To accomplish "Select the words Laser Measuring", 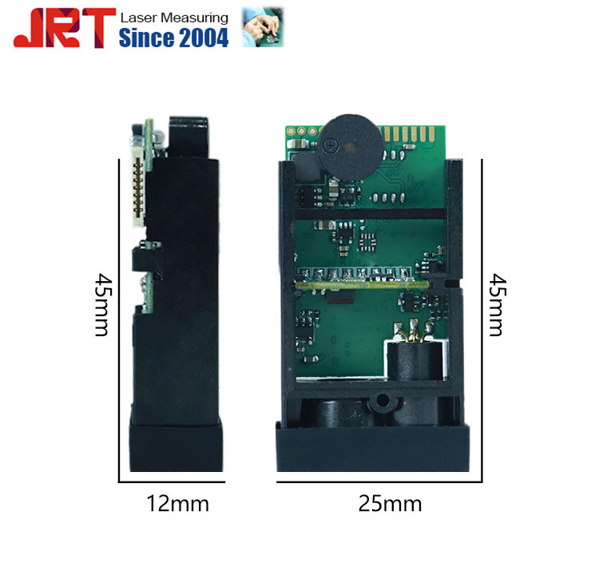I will coord(173,18).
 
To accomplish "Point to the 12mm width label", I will coord(177,504).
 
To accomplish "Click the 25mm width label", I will coord(390,504).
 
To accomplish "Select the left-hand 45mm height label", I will coord(101,304).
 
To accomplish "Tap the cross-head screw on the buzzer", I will coord(331,144).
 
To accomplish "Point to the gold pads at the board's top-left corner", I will coord(301,130).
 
